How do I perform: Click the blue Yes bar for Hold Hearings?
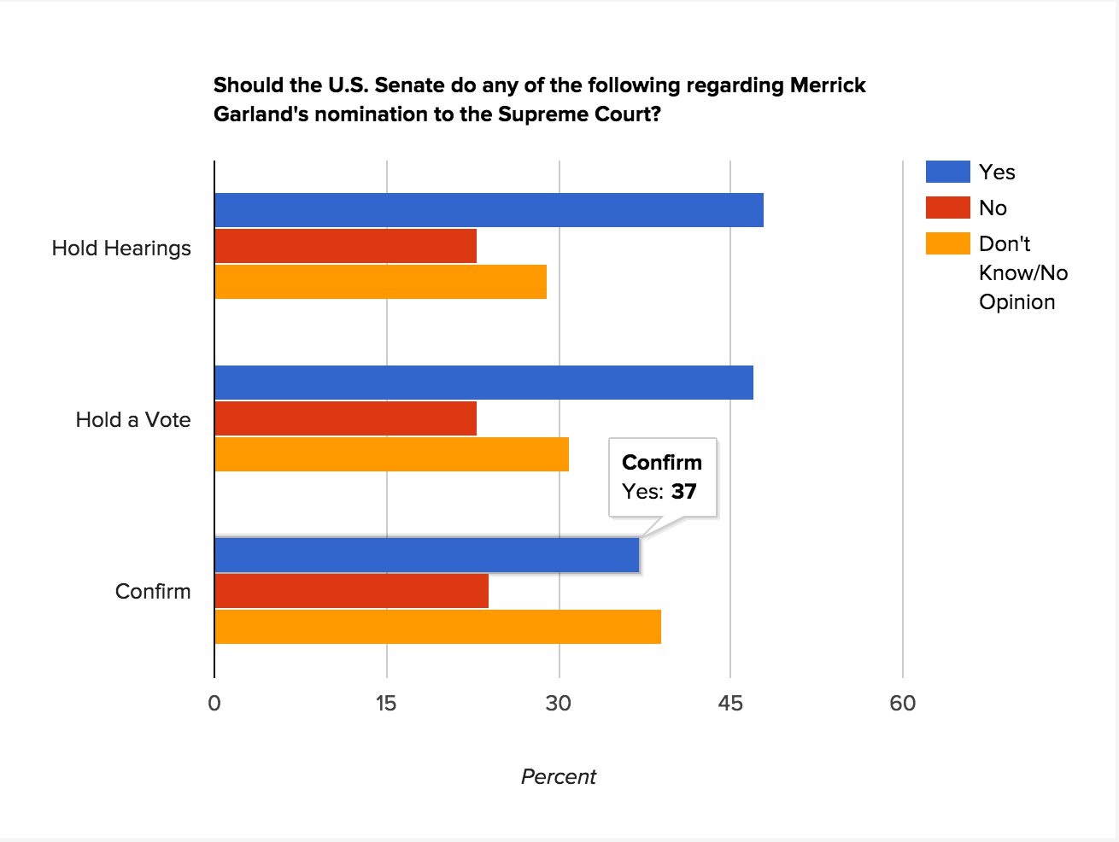(489, 211)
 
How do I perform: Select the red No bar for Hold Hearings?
(345, 247)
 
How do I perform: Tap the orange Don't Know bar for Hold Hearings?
(380, 282)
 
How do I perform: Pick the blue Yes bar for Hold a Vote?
(483, 383)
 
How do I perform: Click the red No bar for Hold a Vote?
(345, 418)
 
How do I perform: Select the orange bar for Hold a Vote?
(391, 453)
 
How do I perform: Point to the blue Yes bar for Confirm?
(426, 555)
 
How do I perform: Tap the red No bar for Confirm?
(351, 591)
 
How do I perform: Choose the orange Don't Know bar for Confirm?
(437, 627)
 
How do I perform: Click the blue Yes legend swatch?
(947, 172)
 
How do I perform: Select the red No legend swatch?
(947, 208)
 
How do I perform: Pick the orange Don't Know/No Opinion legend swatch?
(947, 243)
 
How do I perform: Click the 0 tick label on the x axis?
(214, 703)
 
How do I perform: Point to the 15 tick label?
(386, 703)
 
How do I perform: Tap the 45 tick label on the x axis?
(730, 703)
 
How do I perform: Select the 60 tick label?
(902, 703)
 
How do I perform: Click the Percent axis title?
(559, 776)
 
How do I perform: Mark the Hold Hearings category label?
(121, 249)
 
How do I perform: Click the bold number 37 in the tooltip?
(683, 491)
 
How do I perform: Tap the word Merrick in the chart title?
(828, 85)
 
